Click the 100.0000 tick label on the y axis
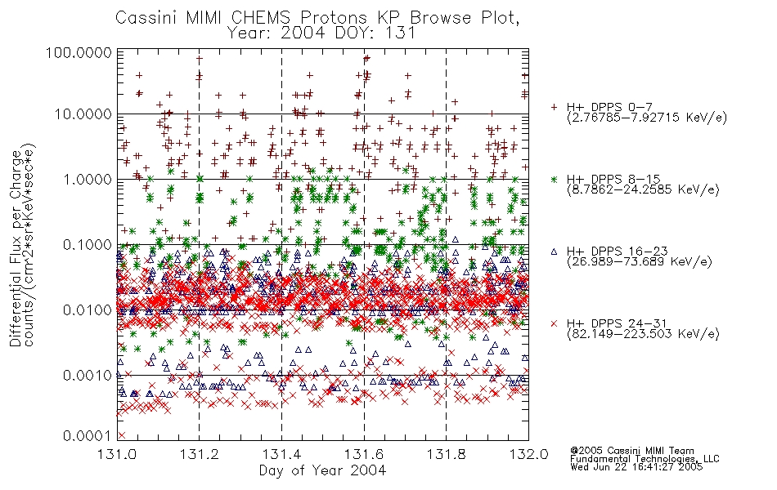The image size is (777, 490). [79, 53]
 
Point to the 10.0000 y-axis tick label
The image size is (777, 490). [83, 114]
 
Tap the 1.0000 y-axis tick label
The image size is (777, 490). [88, 179]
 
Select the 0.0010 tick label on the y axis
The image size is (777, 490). [88, 375]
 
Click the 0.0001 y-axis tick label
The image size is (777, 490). [88, 435]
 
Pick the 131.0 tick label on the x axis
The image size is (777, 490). [117, 454]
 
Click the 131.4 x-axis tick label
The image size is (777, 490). [281, 454]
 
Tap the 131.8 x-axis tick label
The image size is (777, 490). [447, 454]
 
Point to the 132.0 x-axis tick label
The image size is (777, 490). [529, 454]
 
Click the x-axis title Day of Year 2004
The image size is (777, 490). [322, 470]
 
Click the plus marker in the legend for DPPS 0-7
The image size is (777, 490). [555, 107]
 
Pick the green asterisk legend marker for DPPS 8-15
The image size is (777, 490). [555, 179]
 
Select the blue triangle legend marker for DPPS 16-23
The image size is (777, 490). [555, 252]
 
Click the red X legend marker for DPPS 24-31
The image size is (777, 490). [555, 323]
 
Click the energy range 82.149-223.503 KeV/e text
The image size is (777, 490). [643, 334]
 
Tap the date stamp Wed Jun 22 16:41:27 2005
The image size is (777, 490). [636, 467]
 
